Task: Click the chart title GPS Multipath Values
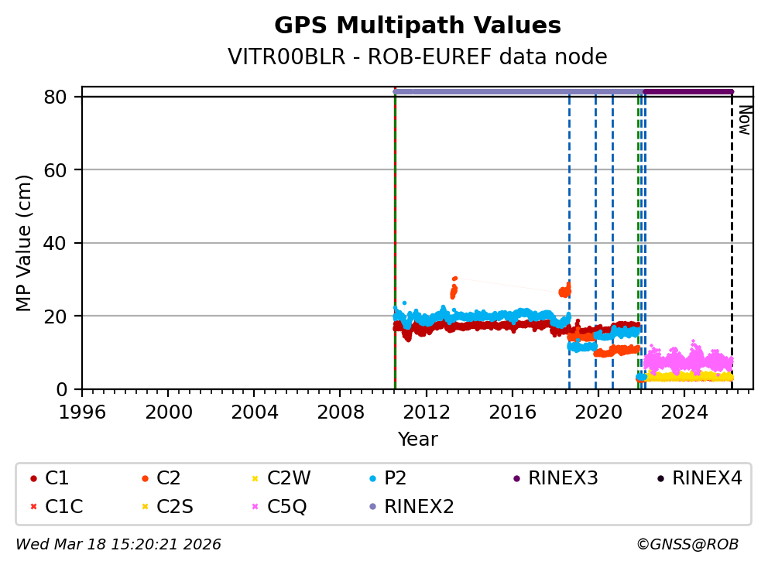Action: (417, 26)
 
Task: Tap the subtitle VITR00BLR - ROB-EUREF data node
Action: (417, 57)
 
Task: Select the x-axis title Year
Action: (417, 440)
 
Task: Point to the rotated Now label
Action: (744, 120)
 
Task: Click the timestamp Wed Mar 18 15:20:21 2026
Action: (118, 545)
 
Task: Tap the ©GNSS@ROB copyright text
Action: (687, 545)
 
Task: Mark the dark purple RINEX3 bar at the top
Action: (687, 91)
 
